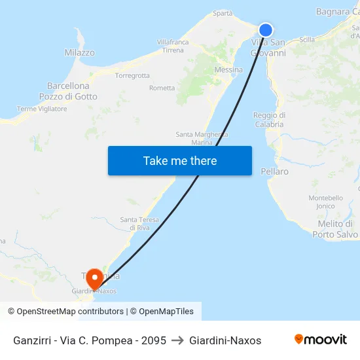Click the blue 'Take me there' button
tap(180, 160)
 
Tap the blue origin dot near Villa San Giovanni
tap(265, 30)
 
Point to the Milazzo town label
tap(79, 52)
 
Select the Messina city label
tap(228, 70)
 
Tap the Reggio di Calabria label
tap(268, 120)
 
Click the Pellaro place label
tap(274, 171)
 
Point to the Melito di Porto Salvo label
tap(335, 229)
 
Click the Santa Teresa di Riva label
tap(135, 223)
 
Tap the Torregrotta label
tap(132, 75)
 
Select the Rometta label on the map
tap(162, 88)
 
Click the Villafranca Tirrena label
tap(173, 46)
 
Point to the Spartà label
tap(223, 13)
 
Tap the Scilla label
tap(306, 39)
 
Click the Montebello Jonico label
tap(326, 202)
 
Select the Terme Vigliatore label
tap(42, 109)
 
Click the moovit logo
tap(321, 340)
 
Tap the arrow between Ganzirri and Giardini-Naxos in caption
tap(177, 340)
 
